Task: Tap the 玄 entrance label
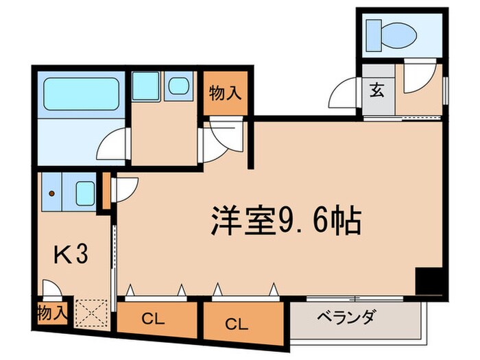377,90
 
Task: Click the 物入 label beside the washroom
224,93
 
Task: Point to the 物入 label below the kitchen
53,313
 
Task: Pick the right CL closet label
235,321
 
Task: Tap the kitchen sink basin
86,192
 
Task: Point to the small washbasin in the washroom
180,87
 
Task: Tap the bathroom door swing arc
114,145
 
